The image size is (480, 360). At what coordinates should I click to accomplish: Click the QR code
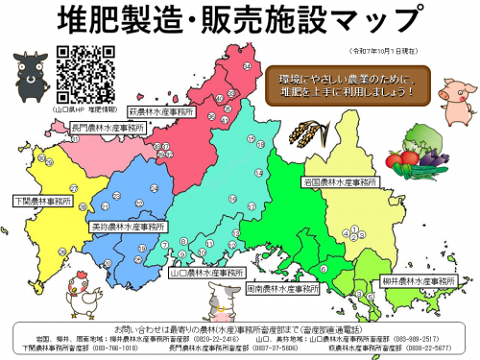[x=80, y=75]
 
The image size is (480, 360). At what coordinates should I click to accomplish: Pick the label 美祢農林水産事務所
[x=126, y=227]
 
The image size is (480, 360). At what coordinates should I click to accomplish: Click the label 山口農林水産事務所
[x=203, y=272]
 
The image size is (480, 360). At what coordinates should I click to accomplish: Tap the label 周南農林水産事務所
[x=281, y=287]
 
